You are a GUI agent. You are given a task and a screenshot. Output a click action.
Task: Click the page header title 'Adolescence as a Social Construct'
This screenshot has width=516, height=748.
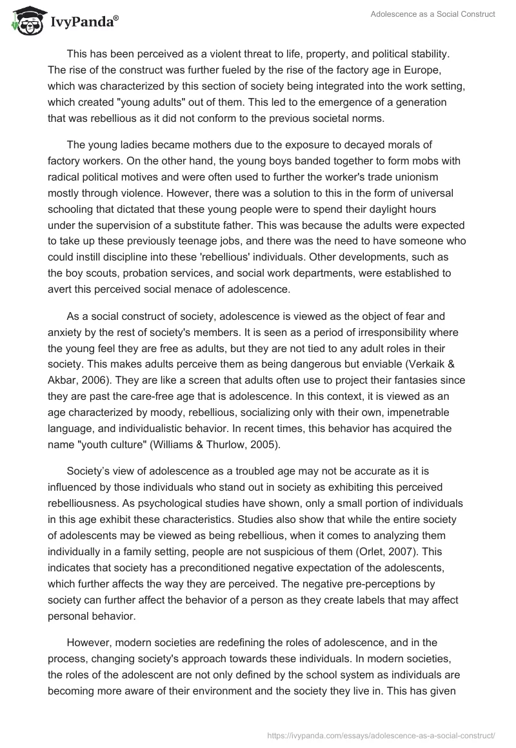pyautogui.click(x=432, y=14)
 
